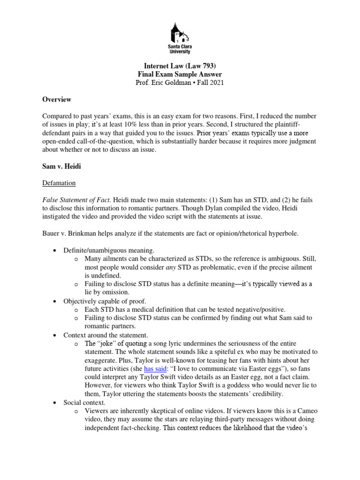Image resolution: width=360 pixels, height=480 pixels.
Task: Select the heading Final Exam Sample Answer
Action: (180, 75)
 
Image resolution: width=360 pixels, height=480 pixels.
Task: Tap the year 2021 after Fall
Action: (215, 83)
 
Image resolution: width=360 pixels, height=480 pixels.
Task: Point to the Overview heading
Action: (57, 99)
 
